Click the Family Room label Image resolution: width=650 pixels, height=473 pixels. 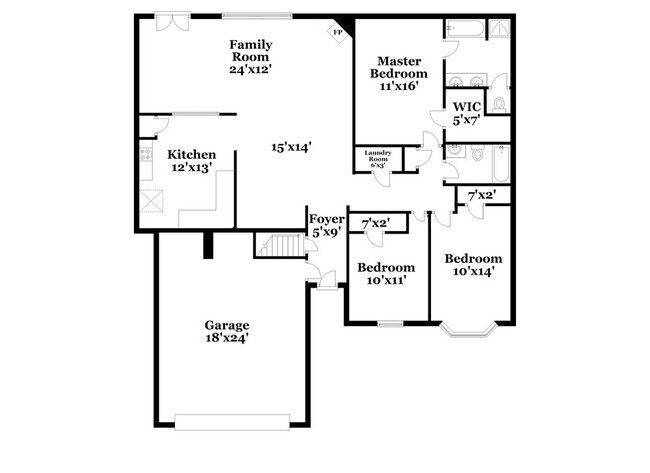[251, 56]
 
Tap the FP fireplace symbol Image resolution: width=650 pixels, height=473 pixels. [337, 32]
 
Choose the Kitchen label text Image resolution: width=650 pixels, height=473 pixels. [191, 161]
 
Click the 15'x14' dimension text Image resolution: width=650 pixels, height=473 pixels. [291, 147]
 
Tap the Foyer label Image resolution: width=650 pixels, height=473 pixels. [327, 225]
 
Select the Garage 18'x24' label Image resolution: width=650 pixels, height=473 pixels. [227, 332]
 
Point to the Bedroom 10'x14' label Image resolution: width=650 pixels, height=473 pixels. [473, 264]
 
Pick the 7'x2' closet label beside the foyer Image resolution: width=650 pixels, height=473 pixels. [376, 223]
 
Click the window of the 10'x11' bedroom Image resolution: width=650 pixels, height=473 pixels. [390, 322]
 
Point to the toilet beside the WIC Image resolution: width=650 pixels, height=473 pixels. [500, 103]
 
